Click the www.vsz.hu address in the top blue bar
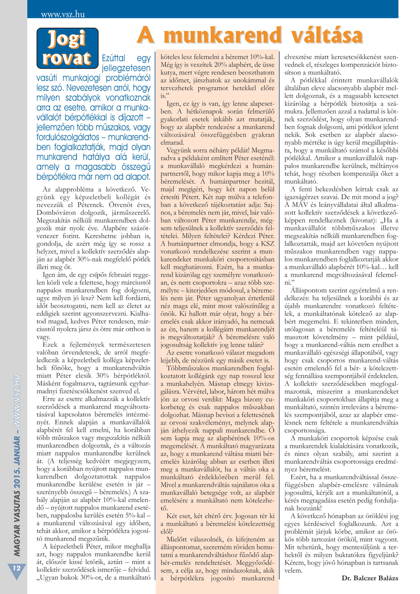pyautogui.click(x=63, y=14)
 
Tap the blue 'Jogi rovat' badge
pyautogui.click(x=67, y=48)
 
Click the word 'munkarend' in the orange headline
pyautogui.click(x=224, y=36)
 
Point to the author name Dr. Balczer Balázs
pyautogui.click(x=370, y=578)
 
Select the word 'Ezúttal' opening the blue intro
pyautogui.click(x=113, y=58)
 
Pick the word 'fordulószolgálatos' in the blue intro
pyautogui.click(x=68, y=138)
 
